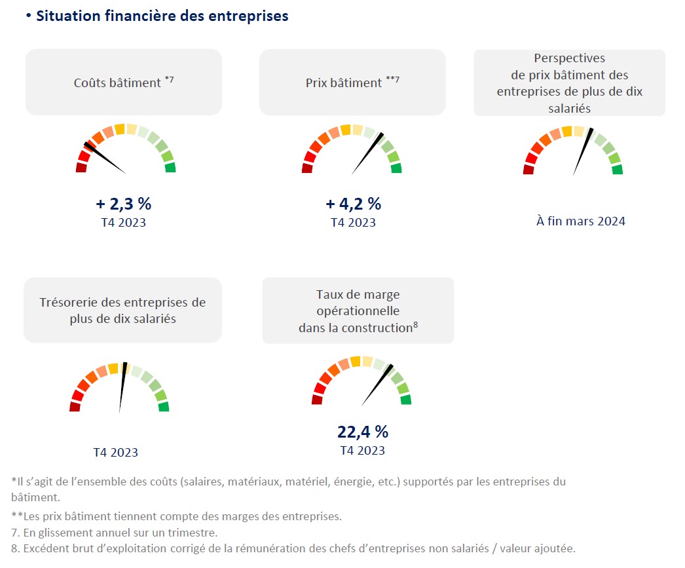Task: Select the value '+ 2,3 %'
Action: click(x=124, y=204)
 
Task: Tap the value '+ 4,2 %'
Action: click(x=353, y=204)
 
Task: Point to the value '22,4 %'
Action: click(x=363, y=432)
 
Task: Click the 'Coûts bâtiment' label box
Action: click(x=124, y=83)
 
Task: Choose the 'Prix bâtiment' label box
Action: click(x=352, y=83)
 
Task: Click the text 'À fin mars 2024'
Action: click(x=580, y=221)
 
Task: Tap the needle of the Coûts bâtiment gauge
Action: click(x=105, y=158)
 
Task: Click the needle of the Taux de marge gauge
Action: click(x=377, y=385)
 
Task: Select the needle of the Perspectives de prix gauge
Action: click(x=583, y=151)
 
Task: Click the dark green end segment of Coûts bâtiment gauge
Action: click(x=170, y=168)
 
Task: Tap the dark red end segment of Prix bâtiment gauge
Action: click(x=307, y=168)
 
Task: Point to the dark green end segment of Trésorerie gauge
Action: click(x=163, y=407)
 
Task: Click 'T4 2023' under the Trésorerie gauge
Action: click(x=115, y=453)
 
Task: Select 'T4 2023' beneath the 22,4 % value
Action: click(x=362, y=451)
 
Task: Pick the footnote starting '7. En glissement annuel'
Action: click(x=115, y=533)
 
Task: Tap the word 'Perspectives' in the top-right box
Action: click(x=569, y=58)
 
